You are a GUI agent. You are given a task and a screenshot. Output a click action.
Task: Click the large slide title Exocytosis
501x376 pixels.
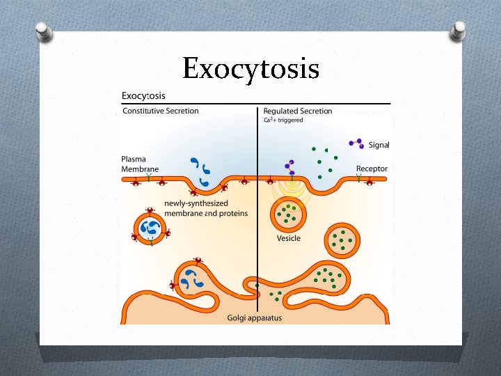250,70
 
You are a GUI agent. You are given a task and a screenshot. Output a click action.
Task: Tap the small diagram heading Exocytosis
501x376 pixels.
143,95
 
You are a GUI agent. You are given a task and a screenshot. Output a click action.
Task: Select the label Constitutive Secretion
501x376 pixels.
160,111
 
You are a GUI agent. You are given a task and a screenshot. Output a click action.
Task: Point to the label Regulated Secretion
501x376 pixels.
297,111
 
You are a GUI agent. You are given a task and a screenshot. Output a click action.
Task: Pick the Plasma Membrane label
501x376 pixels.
139,164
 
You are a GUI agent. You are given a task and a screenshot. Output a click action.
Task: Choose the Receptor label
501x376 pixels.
372,169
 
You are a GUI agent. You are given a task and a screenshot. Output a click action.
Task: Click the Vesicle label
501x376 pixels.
289,238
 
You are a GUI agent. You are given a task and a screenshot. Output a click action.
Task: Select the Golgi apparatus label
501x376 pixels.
254,318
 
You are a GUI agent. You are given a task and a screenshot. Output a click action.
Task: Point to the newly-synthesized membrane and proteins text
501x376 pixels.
205,208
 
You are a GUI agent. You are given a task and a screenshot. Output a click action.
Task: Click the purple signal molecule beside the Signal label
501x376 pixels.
356,143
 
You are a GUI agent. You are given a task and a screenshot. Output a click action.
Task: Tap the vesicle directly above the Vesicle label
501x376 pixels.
287,213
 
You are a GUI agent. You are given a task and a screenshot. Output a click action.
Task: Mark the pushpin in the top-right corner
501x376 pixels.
457,31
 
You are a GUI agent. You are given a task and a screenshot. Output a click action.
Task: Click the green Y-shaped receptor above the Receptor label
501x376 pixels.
359,178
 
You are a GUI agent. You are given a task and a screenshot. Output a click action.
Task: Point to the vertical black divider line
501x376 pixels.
258,209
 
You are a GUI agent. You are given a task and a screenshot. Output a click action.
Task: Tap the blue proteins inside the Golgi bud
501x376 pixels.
189,279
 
